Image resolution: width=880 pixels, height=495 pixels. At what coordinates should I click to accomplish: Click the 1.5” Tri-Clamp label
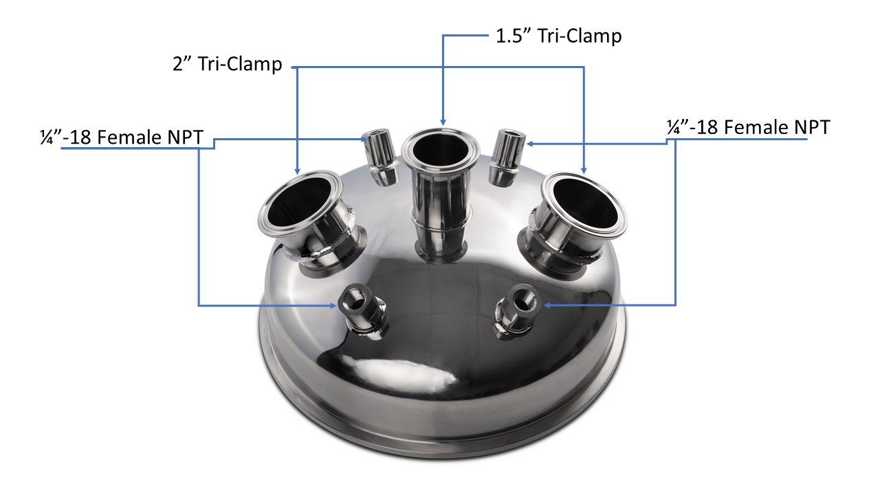[558, 35]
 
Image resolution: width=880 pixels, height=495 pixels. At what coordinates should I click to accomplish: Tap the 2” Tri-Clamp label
[227, 65]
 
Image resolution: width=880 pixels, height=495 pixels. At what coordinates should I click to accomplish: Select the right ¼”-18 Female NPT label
[748, 127]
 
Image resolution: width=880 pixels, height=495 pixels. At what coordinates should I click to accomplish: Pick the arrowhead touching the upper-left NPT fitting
[366, 139]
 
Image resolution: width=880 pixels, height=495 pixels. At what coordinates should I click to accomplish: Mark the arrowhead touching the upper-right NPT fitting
[531, 144]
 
